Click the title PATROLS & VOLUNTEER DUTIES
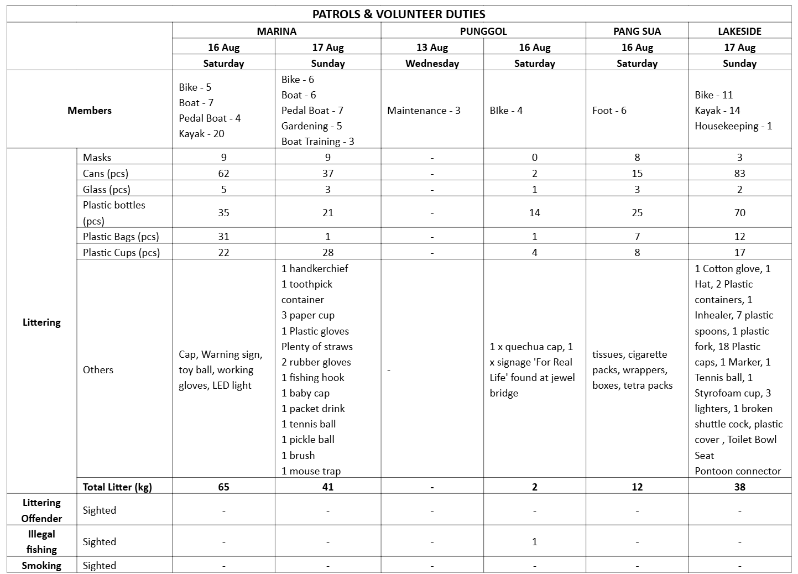coord(399,14)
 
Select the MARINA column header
coord(277,31)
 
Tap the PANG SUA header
coord(637,31)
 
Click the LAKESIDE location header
coord(739,31)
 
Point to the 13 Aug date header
coord(432,47)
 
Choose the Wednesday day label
coord(432,63)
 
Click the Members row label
coord(90,110)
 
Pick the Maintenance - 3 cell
coord(424,110)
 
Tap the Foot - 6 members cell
coord(609,110)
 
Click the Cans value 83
coord(739,173)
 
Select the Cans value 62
coord(223,173)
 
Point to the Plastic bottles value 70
coord(739,212)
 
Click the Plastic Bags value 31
coord(223,236)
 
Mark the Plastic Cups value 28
coord(328,252)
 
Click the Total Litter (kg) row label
coord(117,487)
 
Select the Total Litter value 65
coord(223,487)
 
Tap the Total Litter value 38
coord(739,487)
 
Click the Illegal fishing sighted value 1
coord(534,541)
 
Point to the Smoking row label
coord(41,565)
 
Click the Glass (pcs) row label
coord(107,189)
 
